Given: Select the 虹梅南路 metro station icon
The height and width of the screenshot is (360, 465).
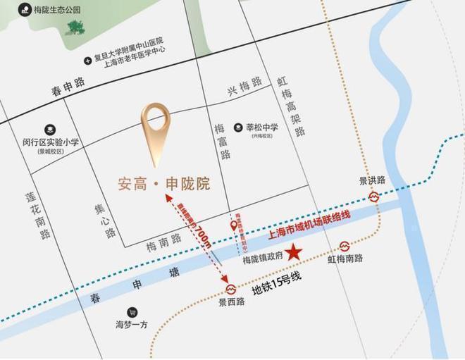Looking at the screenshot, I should (345, 246).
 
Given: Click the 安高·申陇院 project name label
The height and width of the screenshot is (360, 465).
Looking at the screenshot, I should (163, 185).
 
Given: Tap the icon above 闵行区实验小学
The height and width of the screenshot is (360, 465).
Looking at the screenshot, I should (50, 130).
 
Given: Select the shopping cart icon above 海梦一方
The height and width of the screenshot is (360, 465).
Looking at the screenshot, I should (132, 311).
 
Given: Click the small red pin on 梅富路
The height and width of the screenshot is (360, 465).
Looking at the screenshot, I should (234, 225).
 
